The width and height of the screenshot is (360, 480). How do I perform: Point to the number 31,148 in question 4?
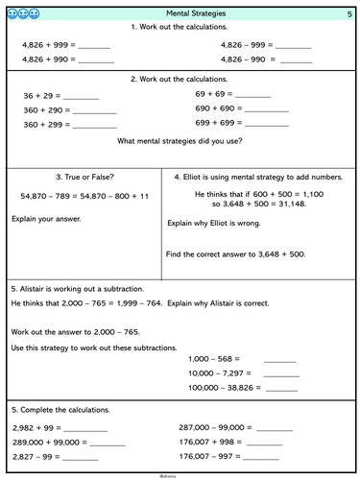click(300, 205)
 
